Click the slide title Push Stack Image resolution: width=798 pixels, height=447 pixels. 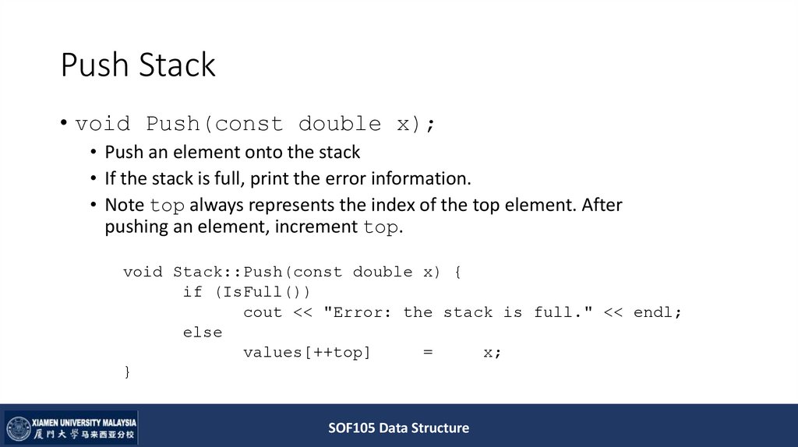click(x=138, y=65)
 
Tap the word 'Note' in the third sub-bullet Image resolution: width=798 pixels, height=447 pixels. click(x=125, y=205)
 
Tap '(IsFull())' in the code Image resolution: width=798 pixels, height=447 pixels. click(x=262, y=292)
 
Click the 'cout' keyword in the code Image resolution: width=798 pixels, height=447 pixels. click(x=263, y=312)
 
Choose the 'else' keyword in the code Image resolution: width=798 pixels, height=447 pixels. click(x=203, y=333)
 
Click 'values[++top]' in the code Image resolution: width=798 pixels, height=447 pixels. click(x=307, y=353)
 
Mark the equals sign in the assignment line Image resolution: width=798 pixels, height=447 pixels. click(x=428, y=353)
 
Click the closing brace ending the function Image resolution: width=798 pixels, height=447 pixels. click(x=127, y=372)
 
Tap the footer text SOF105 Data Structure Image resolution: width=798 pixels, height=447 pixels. click(x=398, y=428)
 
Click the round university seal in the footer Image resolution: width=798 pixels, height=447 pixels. click(x=19, y=428)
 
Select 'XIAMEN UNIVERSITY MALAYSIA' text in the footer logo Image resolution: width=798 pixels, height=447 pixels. click(x=84, y=421)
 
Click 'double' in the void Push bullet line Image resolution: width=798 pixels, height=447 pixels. click(x=340, y=124)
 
